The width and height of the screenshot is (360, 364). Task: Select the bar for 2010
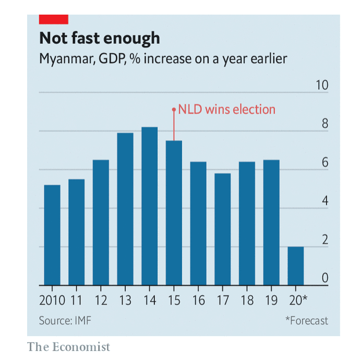point(52,235)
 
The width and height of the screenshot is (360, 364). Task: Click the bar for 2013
point(125,209)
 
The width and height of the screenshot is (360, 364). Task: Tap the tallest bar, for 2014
point(150,206)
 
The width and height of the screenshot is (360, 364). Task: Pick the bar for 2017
point(223,229)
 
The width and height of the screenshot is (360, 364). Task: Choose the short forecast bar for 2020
point(296,266)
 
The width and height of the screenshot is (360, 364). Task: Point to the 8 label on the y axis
point(325,124)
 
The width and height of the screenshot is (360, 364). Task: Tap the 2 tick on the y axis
point(325,240)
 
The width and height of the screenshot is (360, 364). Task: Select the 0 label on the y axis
point(325,278)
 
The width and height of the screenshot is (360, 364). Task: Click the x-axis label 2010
point(52,301)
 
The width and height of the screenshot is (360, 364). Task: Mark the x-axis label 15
point(174,301)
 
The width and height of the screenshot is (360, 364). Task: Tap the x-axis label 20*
point(297,301)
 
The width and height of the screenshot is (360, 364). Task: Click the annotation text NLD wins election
point(226,110)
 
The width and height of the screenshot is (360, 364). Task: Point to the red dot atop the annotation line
point(174,110)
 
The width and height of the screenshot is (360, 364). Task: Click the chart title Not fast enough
point(100,39)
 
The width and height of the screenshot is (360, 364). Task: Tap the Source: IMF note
point(65,320)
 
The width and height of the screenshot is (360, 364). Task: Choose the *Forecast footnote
point(307,320)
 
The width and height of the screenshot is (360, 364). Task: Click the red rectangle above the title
point(54,19)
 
